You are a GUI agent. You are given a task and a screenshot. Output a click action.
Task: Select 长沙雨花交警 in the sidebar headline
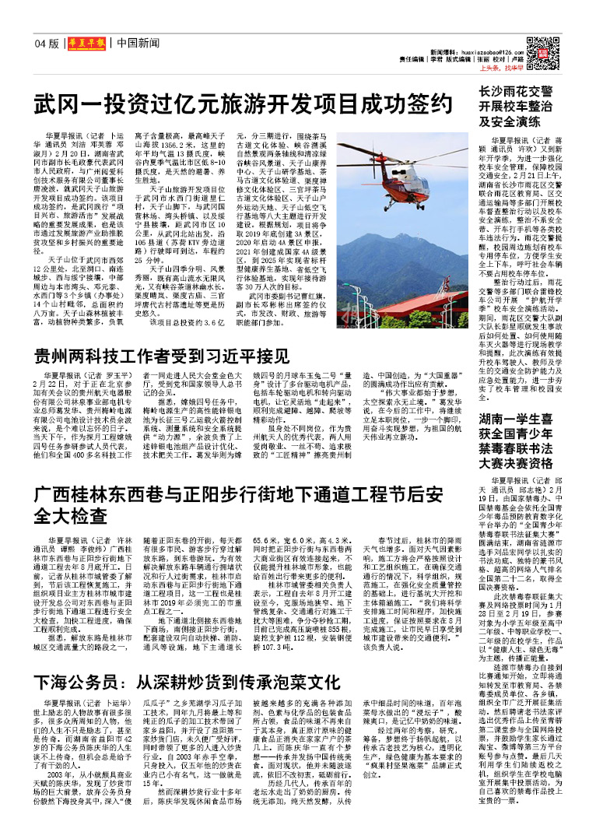click(516, 91)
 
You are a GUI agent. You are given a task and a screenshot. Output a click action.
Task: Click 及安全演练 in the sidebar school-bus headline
click(509, 121)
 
